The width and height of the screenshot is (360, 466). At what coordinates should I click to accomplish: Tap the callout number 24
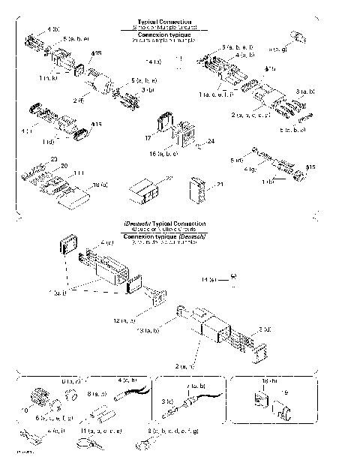pyautogui.click(x=211, y=140)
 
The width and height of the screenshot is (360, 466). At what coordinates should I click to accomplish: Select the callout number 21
pyautogui.click(x=220, y=184)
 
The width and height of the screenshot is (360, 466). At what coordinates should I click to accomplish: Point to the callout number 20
pyautogui.click(x=64, y=166)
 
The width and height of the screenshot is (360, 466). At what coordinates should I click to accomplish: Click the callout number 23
pyautogui.click(x=54, y=158)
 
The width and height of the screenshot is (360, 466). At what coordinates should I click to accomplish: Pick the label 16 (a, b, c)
pyautogui.click(x=164, y=153)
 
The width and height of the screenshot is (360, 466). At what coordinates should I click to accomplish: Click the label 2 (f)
pyautogui.click(x=78, y=98)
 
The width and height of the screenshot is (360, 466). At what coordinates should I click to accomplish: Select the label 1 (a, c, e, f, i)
pyautogui.click(x=217, y=95)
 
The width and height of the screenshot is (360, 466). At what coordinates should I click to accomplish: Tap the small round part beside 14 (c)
pyautogui.click(x=234, y=275)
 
